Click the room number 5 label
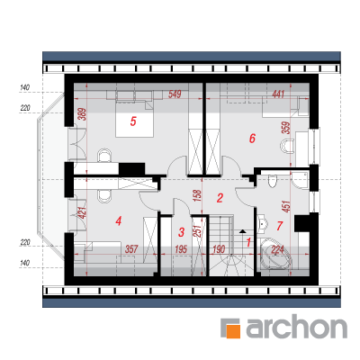(133, 121)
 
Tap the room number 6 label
(252, 139)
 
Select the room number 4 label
(119, 221)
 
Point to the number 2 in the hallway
(220, 198)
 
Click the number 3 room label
(181, 232)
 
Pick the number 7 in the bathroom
(280, 226)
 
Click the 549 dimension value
(175, 94)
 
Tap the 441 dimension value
(278, 94)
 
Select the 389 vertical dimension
(83, 114)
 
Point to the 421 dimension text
(83, 212)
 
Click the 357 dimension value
(131, 249)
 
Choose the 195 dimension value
(181, 249)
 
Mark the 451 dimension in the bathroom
(287, 207)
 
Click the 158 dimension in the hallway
(197, 195)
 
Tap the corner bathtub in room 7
(275, 254)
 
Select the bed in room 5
(135, 119)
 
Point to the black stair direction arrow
(242, 231)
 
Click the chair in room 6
(286, 147)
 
